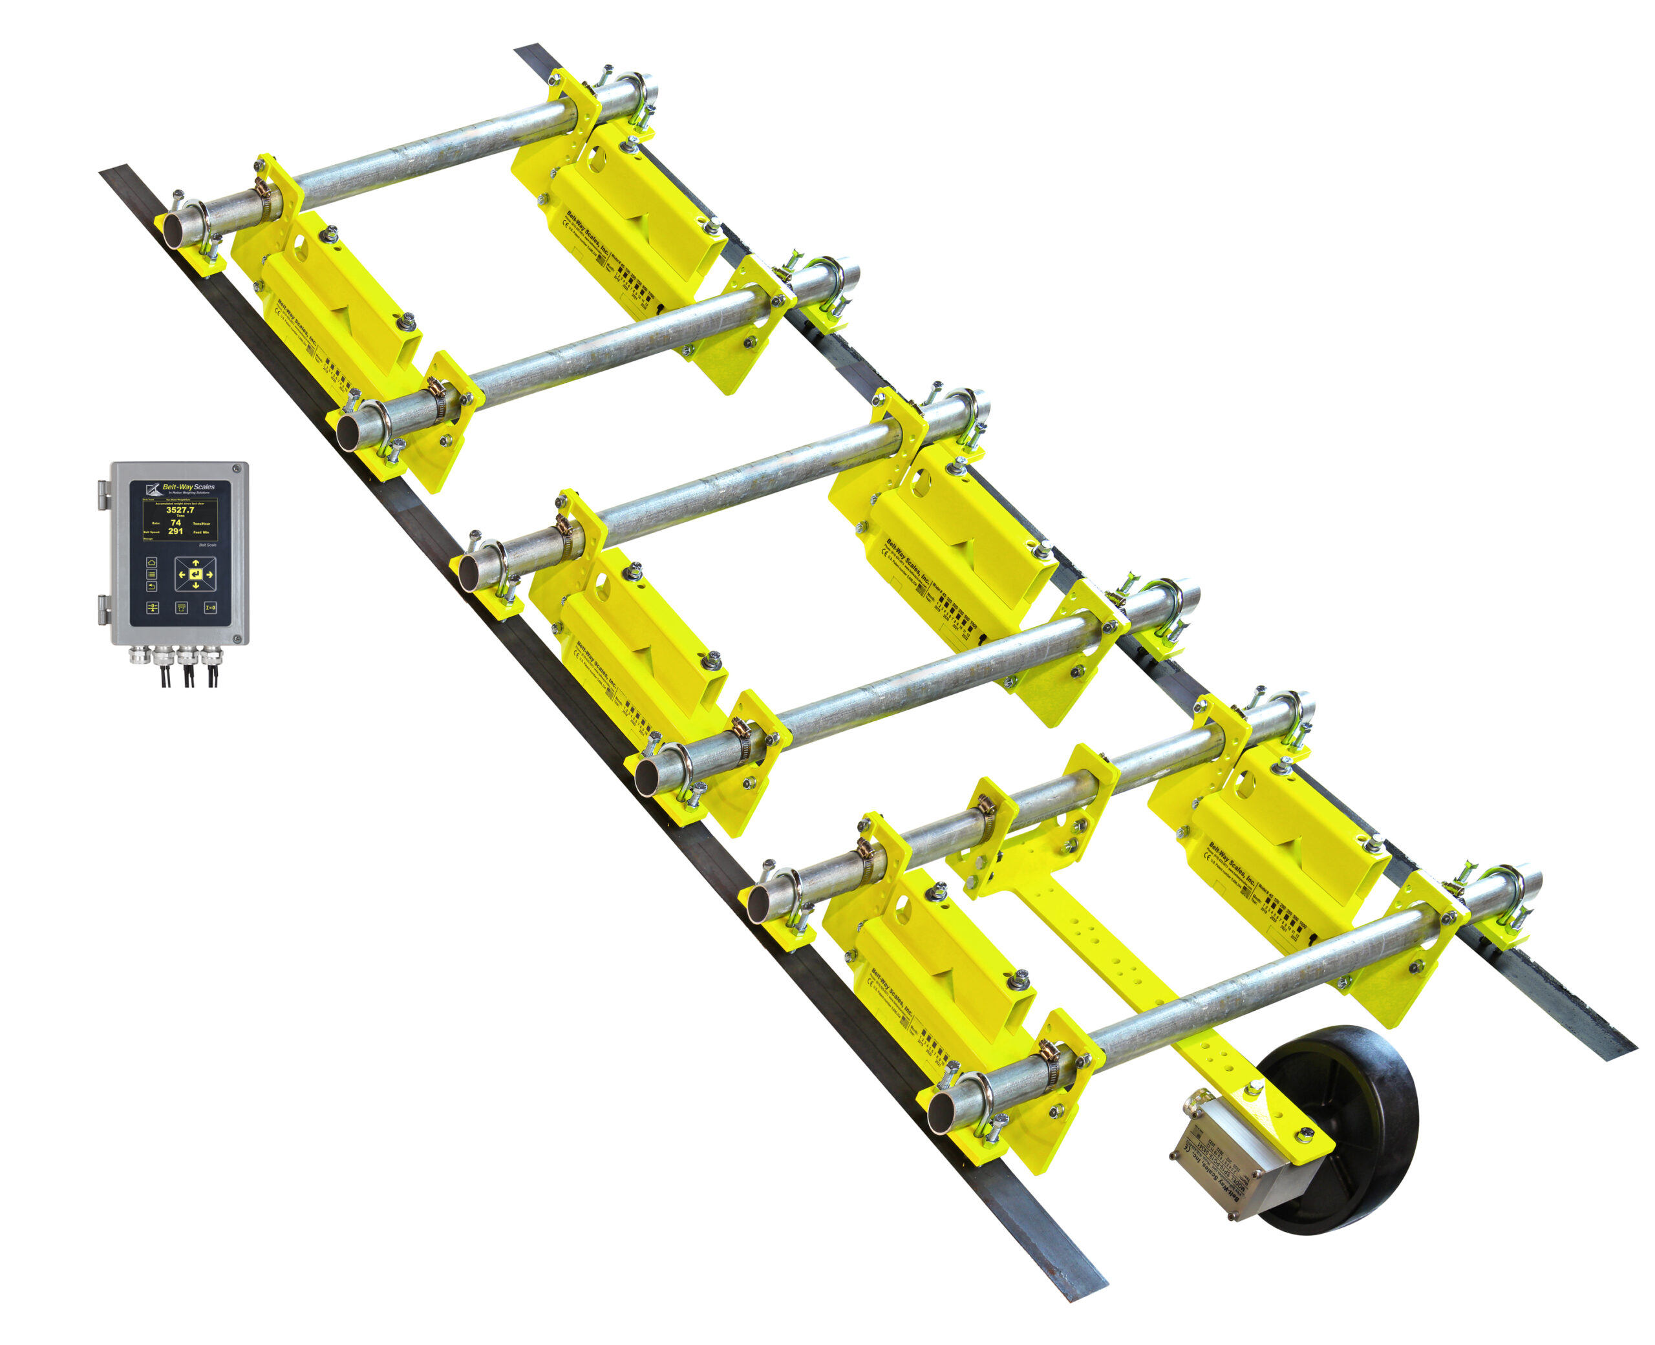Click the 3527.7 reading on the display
(180, 510)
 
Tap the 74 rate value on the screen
(176, 523)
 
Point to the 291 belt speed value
(176, 531)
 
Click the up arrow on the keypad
(196, 563)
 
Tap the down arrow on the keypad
(196, 586)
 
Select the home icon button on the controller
(152, 562)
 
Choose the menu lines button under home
(152, 574)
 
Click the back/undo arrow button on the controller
(152, 586)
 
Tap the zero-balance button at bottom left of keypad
(153, 608)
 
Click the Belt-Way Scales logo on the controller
(180, 488)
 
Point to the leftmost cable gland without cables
(140, 655)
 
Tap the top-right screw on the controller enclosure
(237, 468)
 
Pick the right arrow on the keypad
(210, 575)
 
